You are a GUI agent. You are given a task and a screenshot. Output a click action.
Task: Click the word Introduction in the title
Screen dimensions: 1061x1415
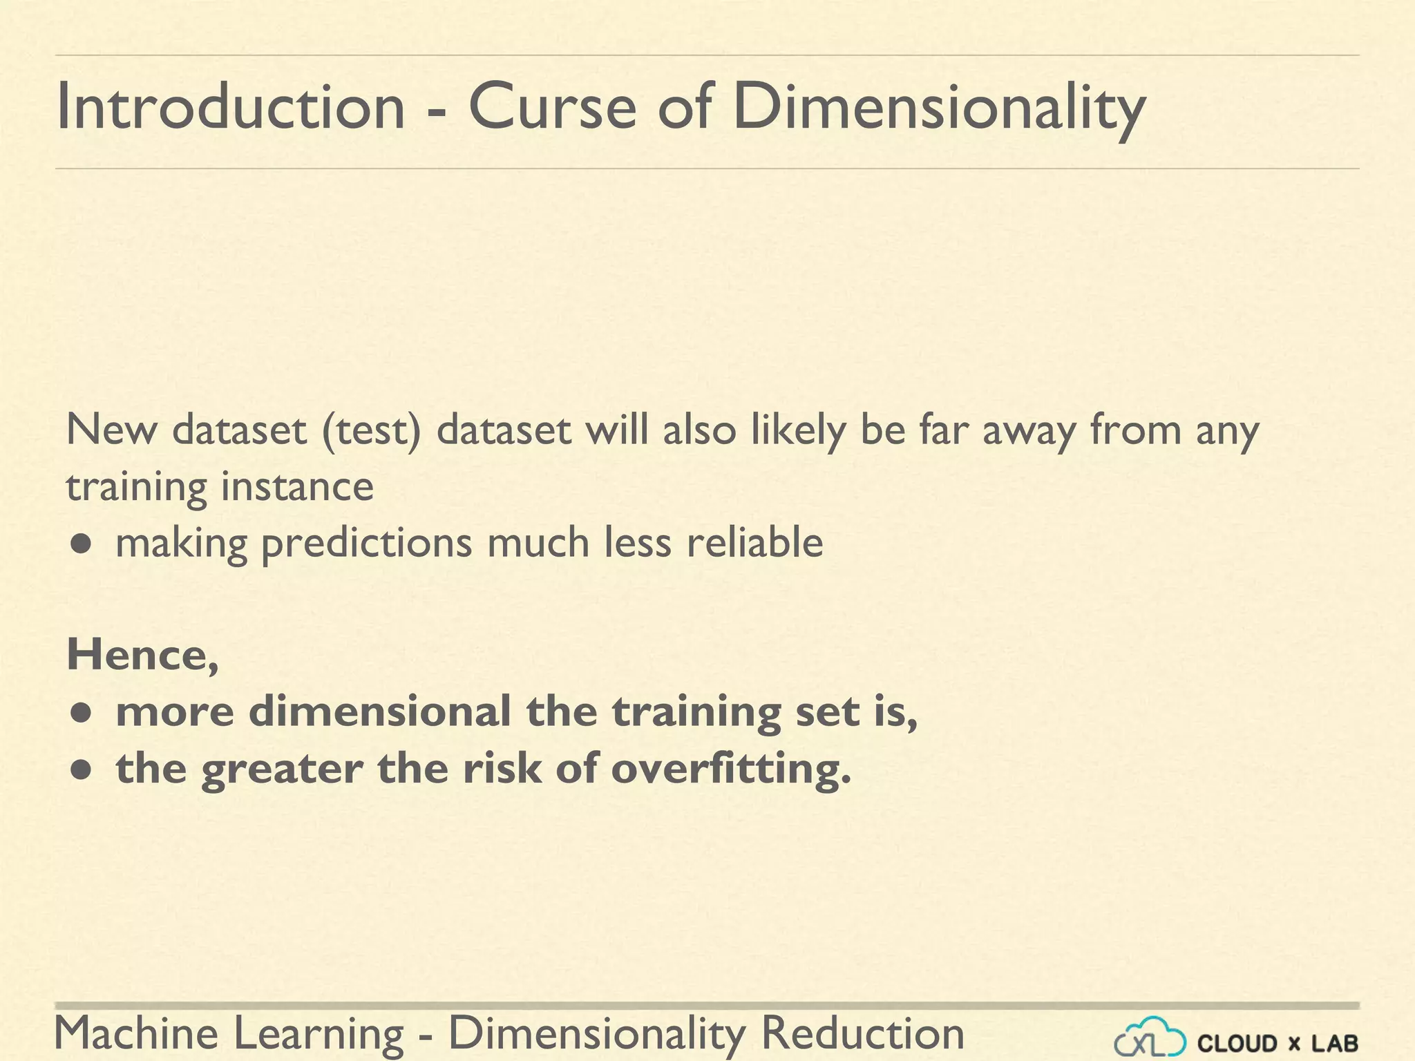pos(230,107)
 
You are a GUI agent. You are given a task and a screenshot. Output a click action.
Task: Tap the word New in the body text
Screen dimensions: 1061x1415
pos(111,430)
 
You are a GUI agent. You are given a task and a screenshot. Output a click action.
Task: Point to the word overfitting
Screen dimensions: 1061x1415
pos(731,769)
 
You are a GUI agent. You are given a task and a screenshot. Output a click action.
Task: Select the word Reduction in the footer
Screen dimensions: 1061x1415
pos(862,1034)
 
